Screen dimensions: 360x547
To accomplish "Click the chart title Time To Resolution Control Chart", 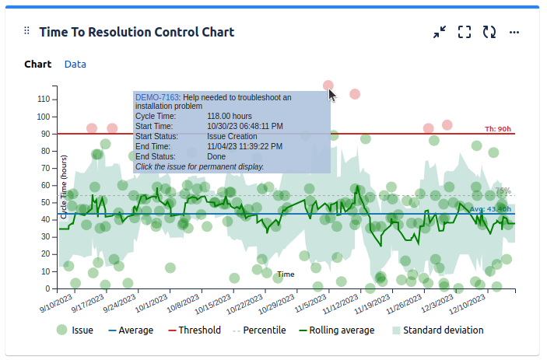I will (136, 32).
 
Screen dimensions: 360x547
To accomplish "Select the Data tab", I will (75, 65).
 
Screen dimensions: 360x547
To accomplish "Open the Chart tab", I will (37, 65).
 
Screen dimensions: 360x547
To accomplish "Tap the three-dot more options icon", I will (514, 32).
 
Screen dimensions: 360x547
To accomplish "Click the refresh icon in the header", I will (489, 32).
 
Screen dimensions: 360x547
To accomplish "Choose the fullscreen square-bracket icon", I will (465, 32).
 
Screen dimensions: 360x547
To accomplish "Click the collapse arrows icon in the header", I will (440, 32).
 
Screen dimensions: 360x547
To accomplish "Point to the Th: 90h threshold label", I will (498, 128).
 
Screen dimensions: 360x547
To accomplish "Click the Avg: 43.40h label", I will (490, 209).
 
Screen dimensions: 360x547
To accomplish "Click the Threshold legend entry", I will (194, 330).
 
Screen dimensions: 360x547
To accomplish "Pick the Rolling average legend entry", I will (336, 330).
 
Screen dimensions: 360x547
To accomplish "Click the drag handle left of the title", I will (26, 31).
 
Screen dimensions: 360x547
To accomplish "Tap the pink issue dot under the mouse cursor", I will (328, 86).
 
